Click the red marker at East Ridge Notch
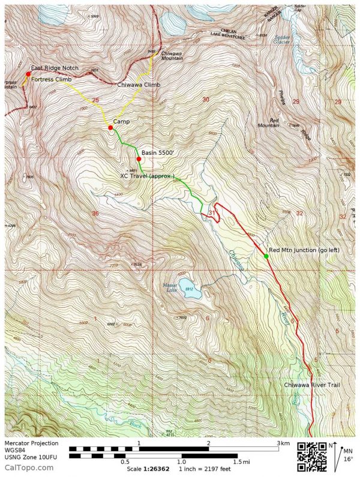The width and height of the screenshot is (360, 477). [x=28, y=74]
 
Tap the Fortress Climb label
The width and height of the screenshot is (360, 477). [x=51, y=79]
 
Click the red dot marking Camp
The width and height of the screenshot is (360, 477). [x=110, y=128]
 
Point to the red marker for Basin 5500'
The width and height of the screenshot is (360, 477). [x=139, y=159]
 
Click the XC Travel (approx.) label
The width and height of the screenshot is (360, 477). [x=148, y=176]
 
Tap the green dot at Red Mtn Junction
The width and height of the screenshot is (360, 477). [x=266, y=256]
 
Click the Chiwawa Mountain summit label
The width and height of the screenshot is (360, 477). [x=173, y=56]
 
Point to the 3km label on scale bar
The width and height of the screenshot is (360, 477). [x=284, y=443]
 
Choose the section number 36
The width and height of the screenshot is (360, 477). [x=95, y=213]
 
